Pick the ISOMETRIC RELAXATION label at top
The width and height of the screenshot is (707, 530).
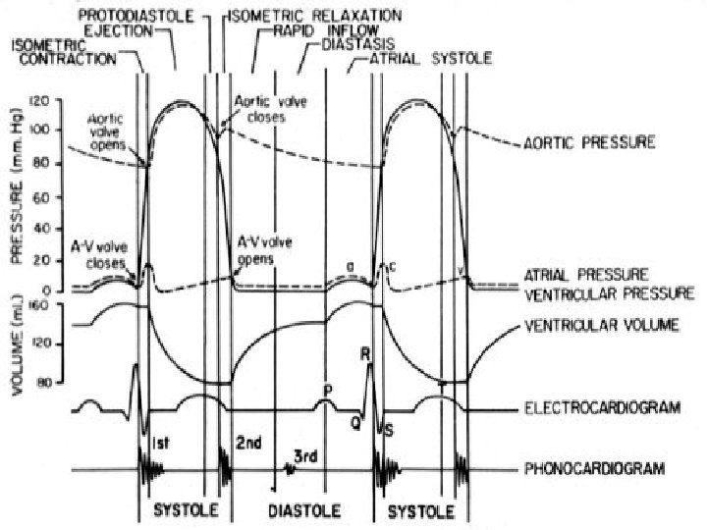pos(313,17)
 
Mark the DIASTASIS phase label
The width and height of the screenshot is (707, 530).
pos(359,44)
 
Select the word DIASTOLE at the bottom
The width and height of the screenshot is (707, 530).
pos(304,511)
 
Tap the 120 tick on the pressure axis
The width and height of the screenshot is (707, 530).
pos(39,101)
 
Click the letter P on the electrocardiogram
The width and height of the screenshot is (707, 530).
pos(327,390)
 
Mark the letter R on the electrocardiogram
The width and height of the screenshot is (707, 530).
pos(365,354)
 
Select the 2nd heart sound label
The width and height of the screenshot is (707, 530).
pos(248,444)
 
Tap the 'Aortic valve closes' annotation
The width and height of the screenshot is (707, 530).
pos(260,108)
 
